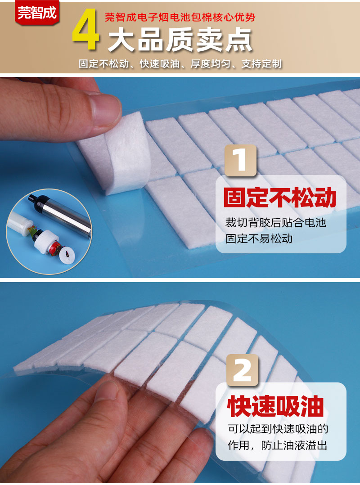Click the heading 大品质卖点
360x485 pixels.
pyautogui.click(x=180, y=40)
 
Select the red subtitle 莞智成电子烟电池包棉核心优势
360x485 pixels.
pyautogui.click(x=180, y=18)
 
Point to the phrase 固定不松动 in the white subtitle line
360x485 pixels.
pyautogui.click(x=104, y=63)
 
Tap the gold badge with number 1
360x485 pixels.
pyautogui.click(x=240, y=160)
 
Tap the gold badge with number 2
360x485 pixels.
pyautogui.click(x=243, y=370)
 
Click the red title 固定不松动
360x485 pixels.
pyautogui.click(x=280, y=198)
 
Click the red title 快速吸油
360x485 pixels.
pyautogui.click(x=275, y=406)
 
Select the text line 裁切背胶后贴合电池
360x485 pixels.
pyautogui.click(x=275, y=222)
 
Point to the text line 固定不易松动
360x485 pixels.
pyautogui.click(x=259, y=238)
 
